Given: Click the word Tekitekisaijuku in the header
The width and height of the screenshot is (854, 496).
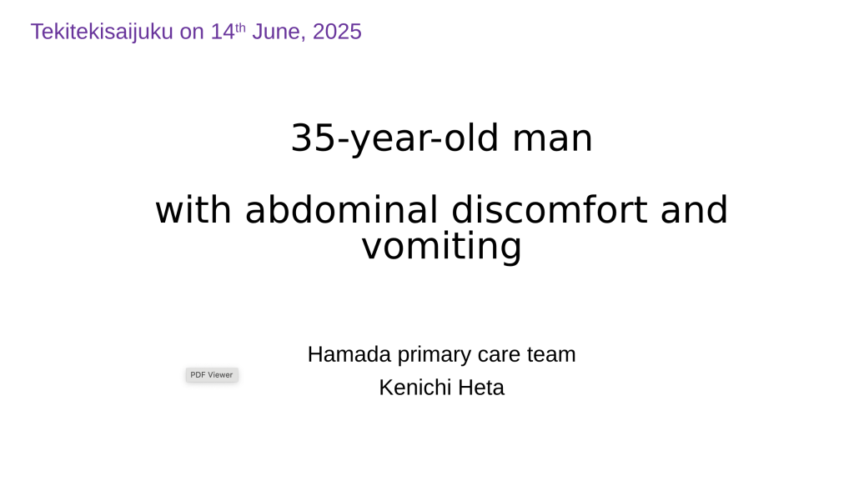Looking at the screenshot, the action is point(102,33).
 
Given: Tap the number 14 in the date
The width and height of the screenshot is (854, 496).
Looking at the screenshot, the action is point(223,32).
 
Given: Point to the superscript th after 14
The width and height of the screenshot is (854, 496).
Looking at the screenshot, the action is point(240,28).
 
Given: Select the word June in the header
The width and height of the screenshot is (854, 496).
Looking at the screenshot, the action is point(279,33).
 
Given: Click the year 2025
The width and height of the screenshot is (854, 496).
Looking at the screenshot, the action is point(337,32).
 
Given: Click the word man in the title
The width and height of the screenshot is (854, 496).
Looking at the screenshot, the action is point(552,138).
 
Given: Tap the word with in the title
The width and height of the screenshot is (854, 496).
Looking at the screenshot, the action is point(193,209).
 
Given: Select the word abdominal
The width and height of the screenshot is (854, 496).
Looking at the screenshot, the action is point(341,209).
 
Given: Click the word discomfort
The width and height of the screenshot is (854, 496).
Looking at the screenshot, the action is point(550,209).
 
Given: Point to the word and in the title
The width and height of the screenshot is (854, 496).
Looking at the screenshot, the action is point(695,209).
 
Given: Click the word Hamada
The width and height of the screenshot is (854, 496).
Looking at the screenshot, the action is point(349,354).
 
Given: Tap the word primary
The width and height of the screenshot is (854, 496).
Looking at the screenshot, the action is point(434,355).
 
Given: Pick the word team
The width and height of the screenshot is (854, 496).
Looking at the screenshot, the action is point(551,355).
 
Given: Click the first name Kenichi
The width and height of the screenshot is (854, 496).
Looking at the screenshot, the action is point(415,388).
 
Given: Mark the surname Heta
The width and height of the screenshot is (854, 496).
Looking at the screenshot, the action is point(481,388).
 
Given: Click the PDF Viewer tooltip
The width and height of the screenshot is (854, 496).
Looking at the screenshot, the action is point(212,375).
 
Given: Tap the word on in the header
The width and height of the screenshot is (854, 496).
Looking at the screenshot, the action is point(192,33).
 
